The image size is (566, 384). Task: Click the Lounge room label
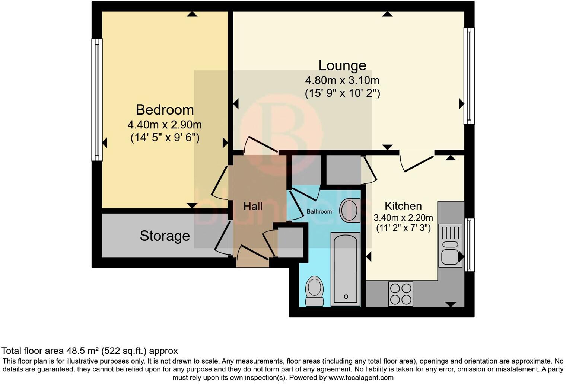tap(342, 65)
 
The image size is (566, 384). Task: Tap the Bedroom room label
tap(165, 110)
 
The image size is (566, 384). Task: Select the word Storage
tap(165, 236)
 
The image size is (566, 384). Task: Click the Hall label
tap(253, 207)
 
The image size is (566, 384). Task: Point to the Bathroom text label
tap(319, 211)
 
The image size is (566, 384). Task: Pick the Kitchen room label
tap(403, 206)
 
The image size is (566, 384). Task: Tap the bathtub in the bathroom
tap(346, 269)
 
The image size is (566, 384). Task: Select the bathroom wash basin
tap(350, 211)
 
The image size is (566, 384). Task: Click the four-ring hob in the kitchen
tap(401, 294)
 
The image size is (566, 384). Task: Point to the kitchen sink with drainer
tap(450, 246)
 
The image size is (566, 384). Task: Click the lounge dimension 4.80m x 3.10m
tap(342, 80)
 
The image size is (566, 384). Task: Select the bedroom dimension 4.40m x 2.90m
tap(165, 124)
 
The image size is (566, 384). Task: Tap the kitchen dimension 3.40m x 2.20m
tap(403, 218)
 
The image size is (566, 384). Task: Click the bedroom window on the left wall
tap(97, 100)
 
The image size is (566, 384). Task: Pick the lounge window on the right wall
tap(469, 76)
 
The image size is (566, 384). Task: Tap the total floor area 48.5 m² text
tap(89, 351)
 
